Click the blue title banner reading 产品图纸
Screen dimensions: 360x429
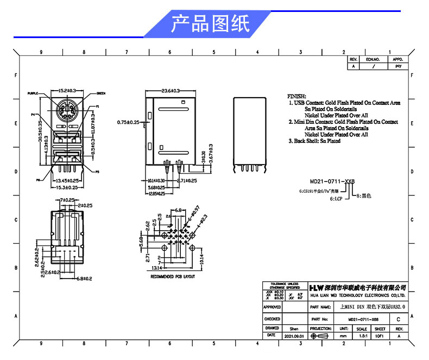tap(210, 24)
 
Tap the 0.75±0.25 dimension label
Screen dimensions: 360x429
tap(128, 122)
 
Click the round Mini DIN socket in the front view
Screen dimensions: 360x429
tap(66, 111)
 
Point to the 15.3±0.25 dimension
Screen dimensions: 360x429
tap(66, 187)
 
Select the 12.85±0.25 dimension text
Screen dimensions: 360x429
tap(157, 193)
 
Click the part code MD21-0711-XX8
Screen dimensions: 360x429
tap(332, 181)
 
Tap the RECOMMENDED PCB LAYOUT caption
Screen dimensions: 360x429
tap(173, 277)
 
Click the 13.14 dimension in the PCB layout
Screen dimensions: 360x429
tap(157, 268)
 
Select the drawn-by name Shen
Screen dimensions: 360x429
tap(294, 329)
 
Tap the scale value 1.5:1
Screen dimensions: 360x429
tap(361, 336)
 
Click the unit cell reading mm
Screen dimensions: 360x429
tap(343, 336)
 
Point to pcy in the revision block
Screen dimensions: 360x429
tap(398, 66)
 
